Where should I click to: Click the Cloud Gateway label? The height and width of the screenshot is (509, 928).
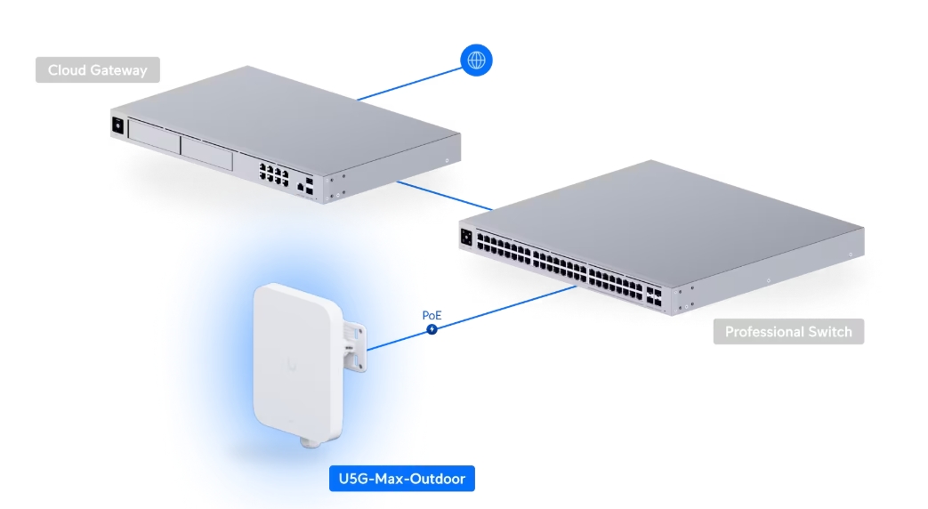click(98, 69)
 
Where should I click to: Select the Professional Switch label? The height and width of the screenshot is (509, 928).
click(788, 332)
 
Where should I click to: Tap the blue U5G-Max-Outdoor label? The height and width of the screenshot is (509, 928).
click(401, 479)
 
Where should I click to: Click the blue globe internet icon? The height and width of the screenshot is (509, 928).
click(476, 61)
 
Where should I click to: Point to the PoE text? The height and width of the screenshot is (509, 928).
click(432, 315)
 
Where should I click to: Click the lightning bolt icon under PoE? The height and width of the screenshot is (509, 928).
click(432, 329)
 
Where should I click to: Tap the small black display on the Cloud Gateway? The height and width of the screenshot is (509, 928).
click(117, 125)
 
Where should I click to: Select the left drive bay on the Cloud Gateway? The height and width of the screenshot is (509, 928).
click(153, 133)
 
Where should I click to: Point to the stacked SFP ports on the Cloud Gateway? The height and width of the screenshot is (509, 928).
click(308, 185)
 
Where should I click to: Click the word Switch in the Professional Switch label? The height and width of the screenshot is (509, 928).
click(828, 332)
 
